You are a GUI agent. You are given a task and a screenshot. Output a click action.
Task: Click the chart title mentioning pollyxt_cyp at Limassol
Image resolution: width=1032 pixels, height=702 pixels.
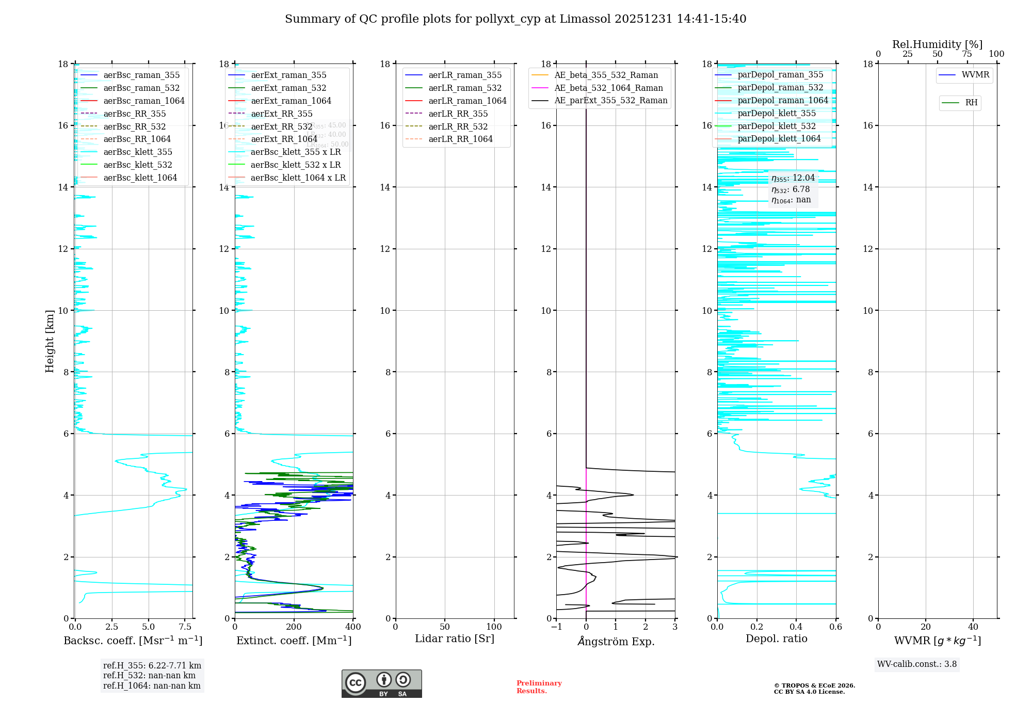(515, 19)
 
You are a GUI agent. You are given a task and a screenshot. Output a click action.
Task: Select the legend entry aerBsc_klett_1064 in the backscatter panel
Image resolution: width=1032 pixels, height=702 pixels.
(140, 178)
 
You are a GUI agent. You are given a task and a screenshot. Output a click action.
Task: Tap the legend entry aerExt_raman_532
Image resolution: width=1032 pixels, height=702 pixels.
(288, 88)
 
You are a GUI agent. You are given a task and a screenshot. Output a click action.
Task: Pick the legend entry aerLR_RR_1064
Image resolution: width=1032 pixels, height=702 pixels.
(460, 139)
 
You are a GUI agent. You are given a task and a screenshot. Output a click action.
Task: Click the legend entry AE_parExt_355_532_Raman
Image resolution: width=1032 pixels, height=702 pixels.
(610, 100)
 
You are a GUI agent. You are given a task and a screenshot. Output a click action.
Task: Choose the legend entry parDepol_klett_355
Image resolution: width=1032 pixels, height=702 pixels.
(777, 113)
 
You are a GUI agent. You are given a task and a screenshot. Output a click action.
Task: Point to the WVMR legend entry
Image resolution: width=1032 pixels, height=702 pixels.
(975, 75)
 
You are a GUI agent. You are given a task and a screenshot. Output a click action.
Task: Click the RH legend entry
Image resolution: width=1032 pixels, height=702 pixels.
(971, 103)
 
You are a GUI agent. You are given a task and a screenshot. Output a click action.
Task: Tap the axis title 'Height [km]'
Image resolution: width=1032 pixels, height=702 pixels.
(50, 341)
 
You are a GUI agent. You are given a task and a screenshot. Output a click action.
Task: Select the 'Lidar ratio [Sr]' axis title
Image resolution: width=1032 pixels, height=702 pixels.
(455, 639)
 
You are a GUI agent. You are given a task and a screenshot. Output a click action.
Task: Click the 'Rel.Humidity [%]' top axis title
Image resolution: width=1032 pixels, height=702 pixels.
(937, 44)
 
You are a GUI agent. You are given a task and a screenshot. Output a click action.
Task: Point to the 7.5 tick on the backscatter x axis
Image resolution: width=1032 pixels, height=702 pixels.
(185, 627)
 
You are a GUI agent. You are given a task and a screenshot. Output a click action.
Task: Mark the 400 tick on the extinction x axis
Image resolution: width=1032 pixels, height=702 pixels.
(353, 627)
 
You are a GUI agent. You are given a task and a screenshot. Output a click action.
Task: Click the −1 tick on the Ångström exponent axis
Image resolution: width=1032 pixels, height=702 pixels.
(556, 627)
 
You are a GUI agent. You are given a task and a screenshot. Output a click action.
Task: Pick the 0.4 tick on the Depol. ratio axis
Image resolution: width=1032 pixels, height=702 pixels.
(796, 627)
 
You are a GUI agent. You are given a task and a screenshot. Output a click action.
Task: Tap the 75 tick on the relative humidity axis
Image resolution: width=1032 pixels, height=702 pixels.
(967, 54)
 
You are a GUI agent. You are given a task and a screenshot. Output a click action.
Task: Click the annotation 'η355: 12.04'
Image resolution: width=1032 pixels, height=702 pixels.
(793, 178)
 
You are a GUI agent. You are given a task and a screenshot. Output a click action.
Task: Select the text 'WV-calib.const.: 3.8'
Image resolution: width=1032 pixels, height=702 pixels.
(917, 664)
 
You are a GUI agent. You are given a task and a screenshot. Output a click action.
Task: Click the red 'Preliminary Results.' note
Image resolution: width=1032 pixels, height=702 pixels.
(539, 687)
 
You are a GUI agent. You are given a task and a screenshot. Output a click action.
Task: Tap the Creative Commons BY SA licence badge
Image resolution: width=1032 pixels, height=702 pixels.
(381, 684)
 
